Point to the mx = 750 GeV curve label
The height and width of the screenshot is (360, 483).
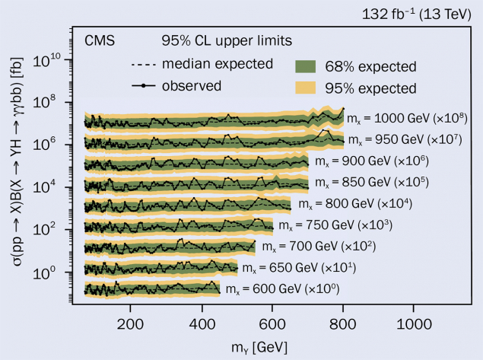click(335, 226)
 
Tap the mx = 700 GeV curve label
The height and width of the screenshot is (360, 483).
click(319, 247)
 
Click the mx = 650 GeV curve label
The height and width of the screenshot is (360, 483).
click(302, 268)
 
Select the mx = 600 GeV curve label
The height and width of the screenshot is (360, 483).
click(282, 289)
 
